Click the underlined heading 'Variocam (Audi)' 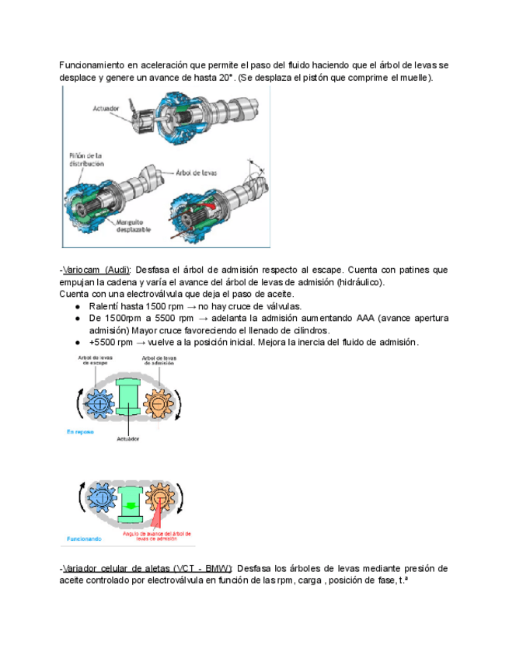click(97, 270)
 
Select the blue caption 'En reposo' click(80, 430)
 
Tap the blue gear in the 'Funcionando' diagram click(100, 497)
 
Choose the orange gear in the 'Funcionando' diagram click(159, 495)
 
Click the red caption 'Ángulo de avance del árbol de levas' click(159, 538)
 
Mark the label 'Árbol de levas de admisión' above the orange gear click(157, 361)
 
